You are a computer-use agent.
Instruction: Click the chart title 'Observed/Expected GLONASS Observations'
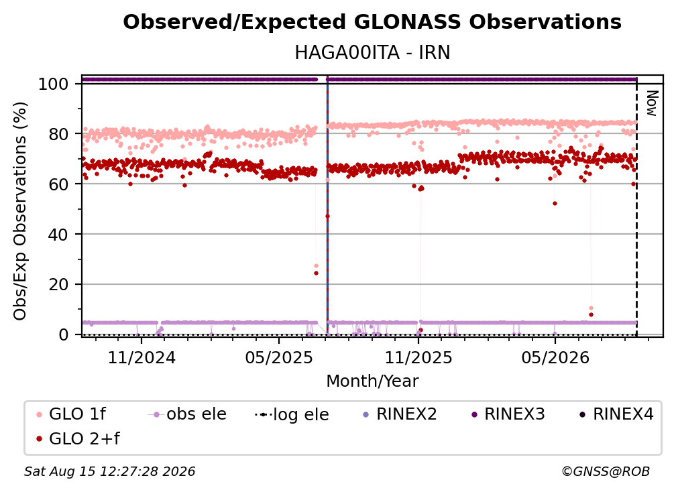coord(372,22)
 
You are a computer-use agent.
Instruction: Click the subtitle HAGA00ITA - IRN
coord(372,53)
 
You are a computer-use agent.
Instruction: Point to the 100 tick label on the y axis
coord(54,84)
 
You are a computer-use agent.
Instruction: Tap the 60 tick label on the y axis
coord(58,184)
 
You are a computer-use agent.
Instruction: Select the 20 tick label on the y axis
coord(58,285)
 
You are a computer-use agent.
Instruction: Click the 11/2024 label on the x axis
coord(142,357)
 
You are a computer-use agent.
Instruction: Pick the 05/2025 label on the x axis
coord(279,357)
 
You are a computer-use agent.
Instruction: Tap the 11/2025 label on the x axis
coord(418,357)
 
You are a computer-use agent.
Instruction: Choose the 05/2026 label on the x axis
coord(555,357)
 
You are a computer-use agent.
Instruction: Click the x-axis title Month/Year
coord(372,381)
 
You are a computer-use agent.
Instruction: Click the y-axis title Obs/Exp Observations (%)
coord(20,211)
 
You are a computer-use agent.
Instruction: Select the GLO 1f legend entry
coord(70,414)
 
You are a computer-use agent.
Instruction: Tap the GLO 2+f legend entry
coord(78,439)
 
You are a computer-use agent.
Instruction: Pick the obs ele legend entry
coord(187,414)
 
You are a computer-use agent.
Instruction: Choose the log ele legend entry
coord(292,414)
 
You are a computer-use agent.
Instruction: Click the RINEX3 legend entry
coord(508,414)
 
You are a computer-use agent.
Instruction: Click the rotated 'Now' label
coord(653,103)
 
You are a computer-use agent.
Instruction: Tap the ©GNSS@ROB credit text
coord(606,472)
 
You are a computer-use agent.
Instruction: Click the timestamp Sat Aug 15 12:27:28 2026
coord(109,472)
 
